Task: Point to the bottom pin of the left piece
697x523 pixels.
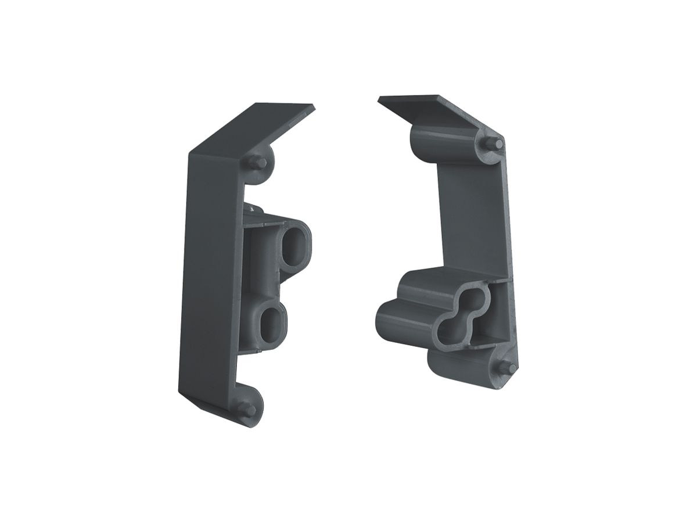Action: [248, 410]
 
